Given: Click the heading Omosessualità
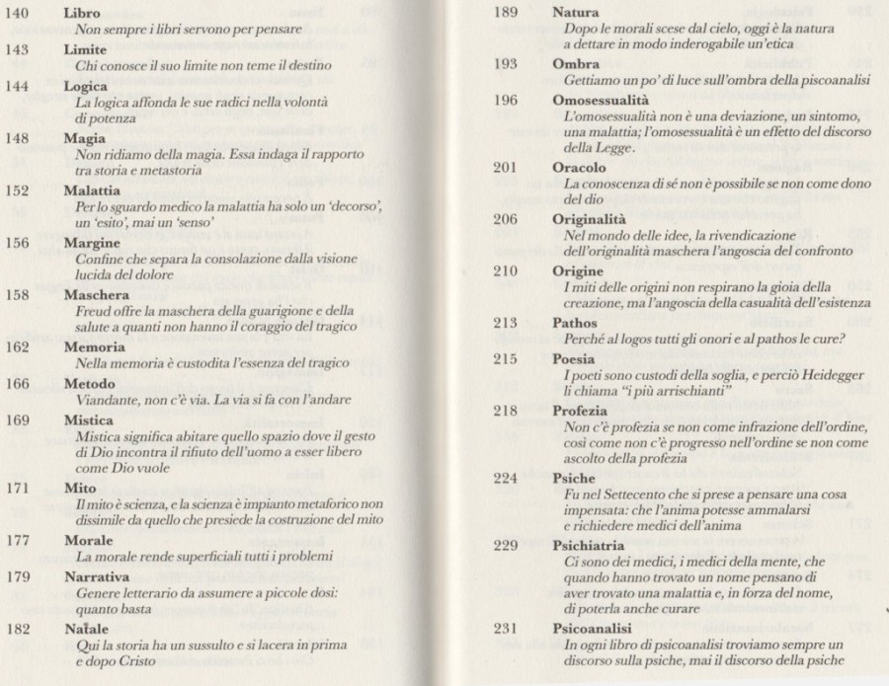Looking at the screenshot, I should (600, 101).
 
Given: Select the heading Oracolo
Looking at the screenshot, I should (580, 167).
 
